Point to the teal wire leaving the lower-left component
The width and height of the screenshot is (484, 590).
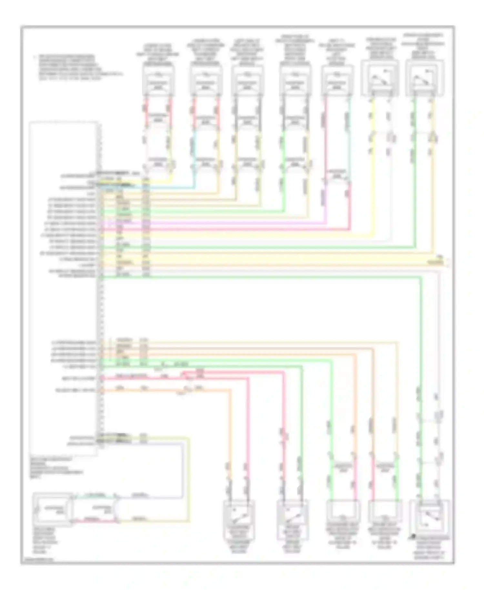[94, 495]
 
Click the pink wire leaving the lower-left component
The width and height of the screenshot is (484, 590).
[94, 520]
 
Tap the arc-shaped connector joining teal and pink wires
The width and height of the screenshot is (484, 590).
[117, 508]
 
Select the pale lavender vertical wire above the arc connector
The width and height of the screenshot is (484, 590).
[183, 468]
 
